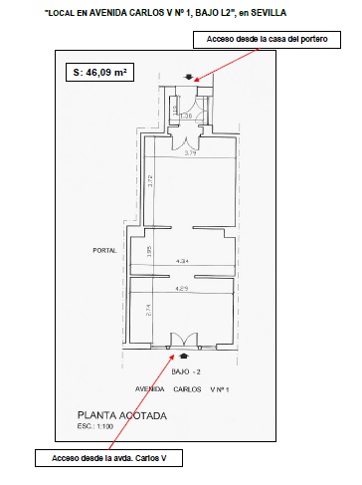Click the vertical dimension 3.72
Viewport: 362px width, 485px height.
pyautogui.click(x=147, y=181)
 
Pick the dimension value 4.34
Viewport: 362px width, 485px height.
pyautogui.click(x=182, y=261)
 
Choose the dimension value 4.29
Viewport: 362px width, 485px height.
pyautogui.click(x=182, y=287)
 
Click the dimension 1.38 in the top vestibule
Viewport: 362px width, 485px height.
pyautogui.click(x=185, y=116)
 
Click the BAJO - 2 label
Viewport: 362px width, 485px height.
pyautogui.click(x=186, y=370)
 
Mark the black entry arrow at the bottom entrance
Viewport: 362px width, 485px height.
pyautogui.click(x=182, y=355)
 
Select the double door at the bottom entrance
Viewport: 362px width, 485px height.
pyautogui.click(x=181, y=340)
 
